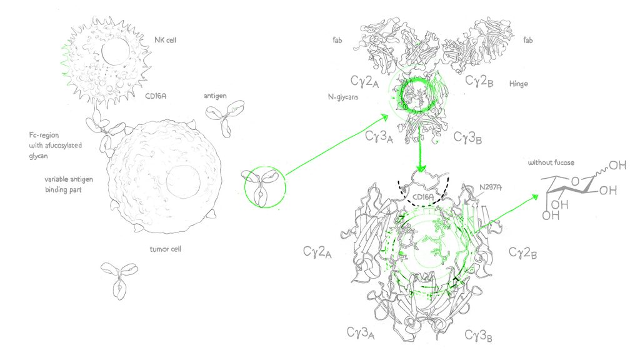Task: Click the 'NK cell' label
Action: pyautogui.click(x=165, y=40)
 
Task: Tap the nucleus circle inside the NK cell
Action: pyautogui.click(x=116, y=52)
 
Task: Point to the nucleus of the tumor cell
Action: pyautogui.click(x=183, y=182)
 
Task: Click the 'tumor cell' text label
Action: pyautogui.click(x=165, y=249)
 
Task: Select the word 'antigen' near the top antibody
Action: pyautogui.click(x=215, y=96)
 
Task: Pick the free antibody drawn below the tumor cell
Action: pyautogui.click(x=119, y=279)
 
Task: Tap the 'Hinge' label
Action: pyautogui.click(x=518, y=84)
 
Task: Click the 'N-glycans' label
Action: pyautogui.click(x=343, y=97)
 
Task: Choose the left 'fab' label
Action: pyautogui.click(x=337, y=40)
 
